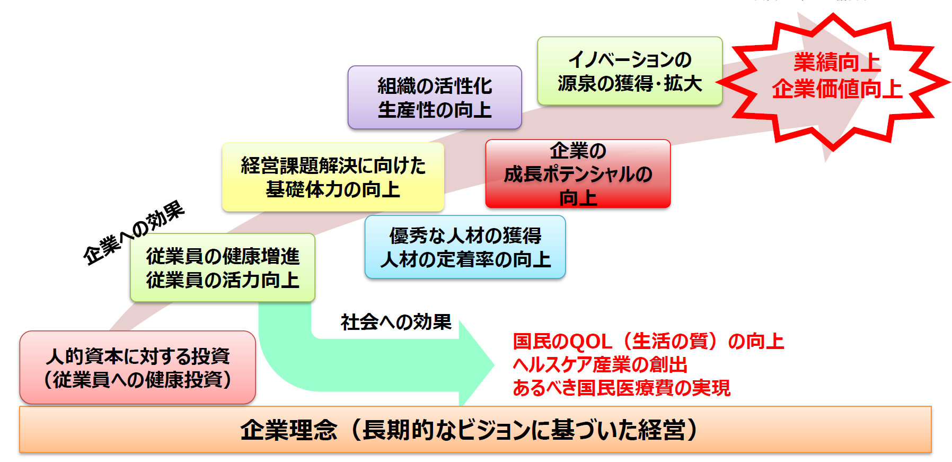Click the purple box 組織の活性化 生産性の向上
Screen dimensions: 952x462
tap(435, 98)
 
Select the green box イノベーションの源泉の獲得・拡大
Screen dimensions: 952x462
tap(630, 71)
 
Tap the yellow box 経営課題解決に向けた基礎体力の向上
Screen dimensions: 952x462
tap(333, 177)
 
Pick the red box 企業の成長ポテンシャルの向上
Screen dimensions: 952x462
tap(578, 174)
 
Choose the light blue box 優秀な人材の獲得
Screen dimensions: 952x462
tap(465, 247)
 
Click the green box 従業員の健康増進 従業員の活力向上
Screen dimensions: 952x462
tap(223, 268)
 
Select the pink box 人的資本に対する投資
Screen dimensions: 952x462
tap(138, 368)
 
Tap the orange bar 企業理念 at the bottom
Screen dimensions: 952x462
tap(475, 430)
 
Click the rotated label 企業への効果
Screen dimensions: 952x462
tap(134, 233)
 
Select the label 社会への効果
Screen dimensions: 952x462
tap(395, 322)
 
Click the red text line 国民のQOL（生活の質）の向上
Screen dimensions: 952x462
tap(648, 341)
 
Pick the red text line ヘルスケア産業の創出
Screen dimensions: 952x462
tap(600, 364)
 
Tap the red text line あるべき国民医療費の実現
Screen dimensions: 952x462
tap(621, 388)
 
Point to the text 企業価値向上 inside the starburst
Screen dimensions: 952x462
tap(836, 89)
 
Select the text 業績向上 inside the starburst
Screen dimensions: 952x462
tap(837, 63)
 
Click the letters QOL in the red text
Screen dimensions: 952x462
tap(586, 342)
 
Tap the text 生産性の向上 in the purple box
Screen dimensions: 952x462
tap(435, 110)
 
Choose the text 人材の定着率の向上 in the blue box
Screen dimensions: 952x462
tap(465, 259)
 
